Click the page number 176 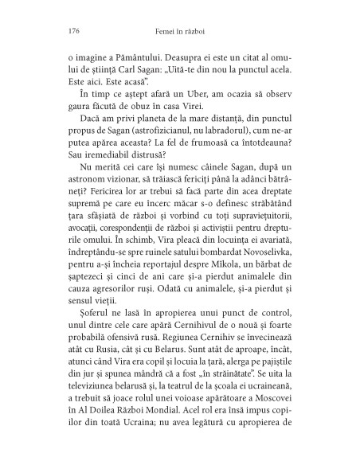coord(68,33)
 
